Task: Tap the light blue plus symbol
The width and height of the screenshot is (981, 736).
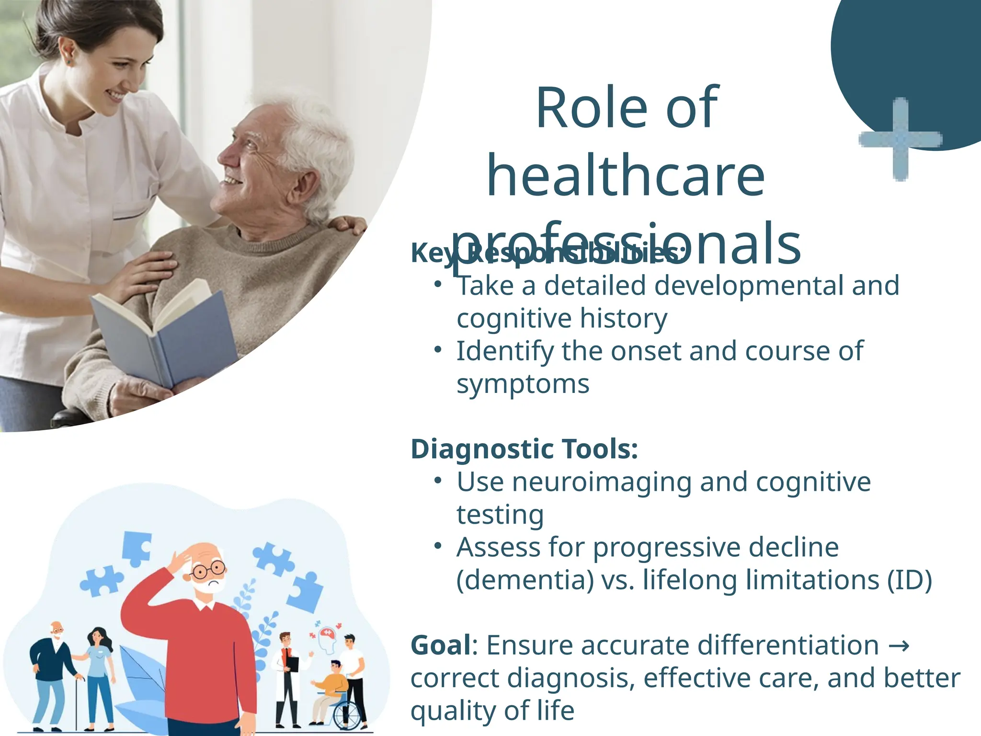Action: click(901, 139)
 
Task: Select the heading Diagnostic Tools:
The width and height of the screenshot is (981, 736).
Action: click(524, 449)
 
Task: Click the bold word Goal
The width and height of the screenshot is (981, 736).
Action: click(441, 645)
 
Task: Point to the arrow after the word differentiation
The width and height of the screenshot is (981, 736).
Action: click(899, 646)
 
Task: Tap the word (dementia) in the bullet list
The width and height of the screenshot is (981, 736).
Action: click(525, 580)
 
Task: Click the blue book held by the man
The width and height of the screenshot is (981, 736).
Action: click(163, 335)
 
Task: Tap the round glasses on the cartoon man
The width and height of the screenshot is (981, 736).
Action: click(208, 570)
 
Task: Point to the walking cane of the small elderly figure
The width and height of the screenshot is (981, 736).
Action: click(77, 704)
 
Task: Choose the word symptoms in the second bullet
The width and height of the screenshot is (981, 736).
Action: click(523, 384)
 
